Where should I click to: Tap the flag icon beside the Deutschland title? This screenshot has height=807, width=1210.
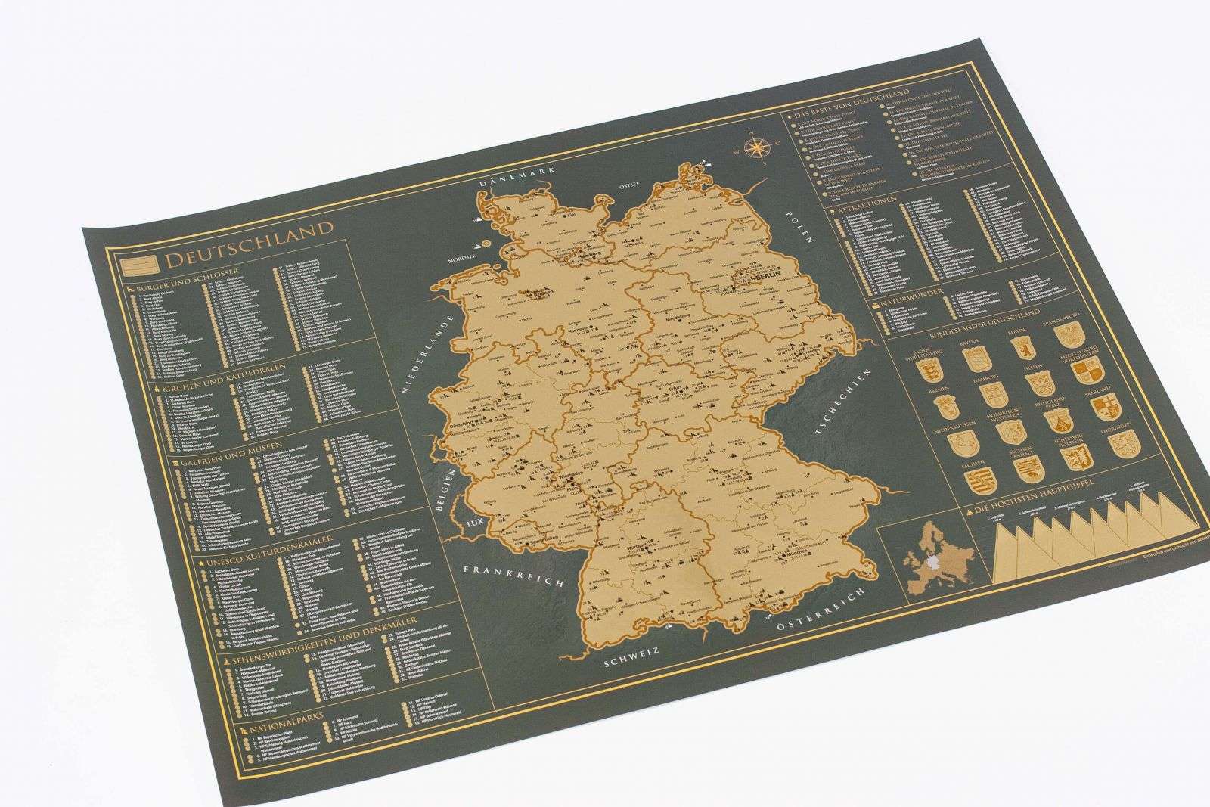point(139,264)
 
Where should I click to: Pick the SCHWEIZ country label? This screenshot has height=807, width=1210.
point(632,660)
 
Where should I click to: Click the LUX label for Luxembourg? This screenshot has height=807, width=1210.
point(474,523)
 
